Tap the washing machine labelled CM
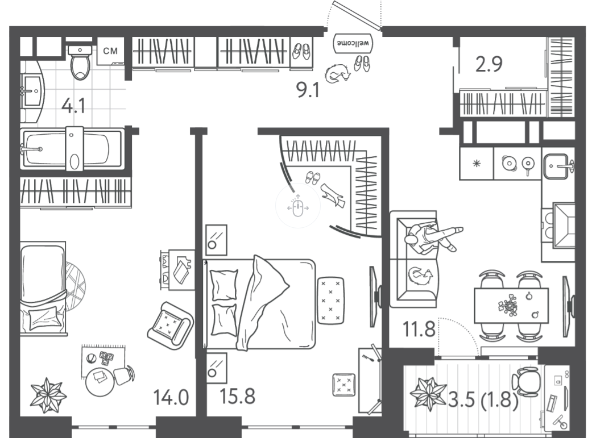click(x=110, y=51)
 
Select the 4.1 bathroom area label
click(x=73, y=106)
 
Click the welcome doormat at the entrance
click(x=353, y=43)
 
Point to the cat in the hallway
click(x=338, y=73)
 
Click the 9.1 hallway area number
click(x=308, y=90)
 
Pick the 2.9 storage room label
click(x=489, y=64)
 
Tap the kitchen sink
click(x=557, y=166)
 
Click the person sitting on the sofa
click(x=433, y=237)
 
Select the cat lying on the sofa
click(x=420, y=276)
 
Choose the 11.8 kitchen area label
click(x=419, y=329)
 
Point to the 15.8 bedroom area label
click(x=238, y=396)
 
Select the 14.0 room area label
click(x=171, y=397)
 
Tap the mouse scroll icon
click(x=298, y=206)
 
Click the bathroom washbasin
click(x=32, y=91)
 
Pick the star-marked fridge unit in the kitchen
click(x=476, y=164)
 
